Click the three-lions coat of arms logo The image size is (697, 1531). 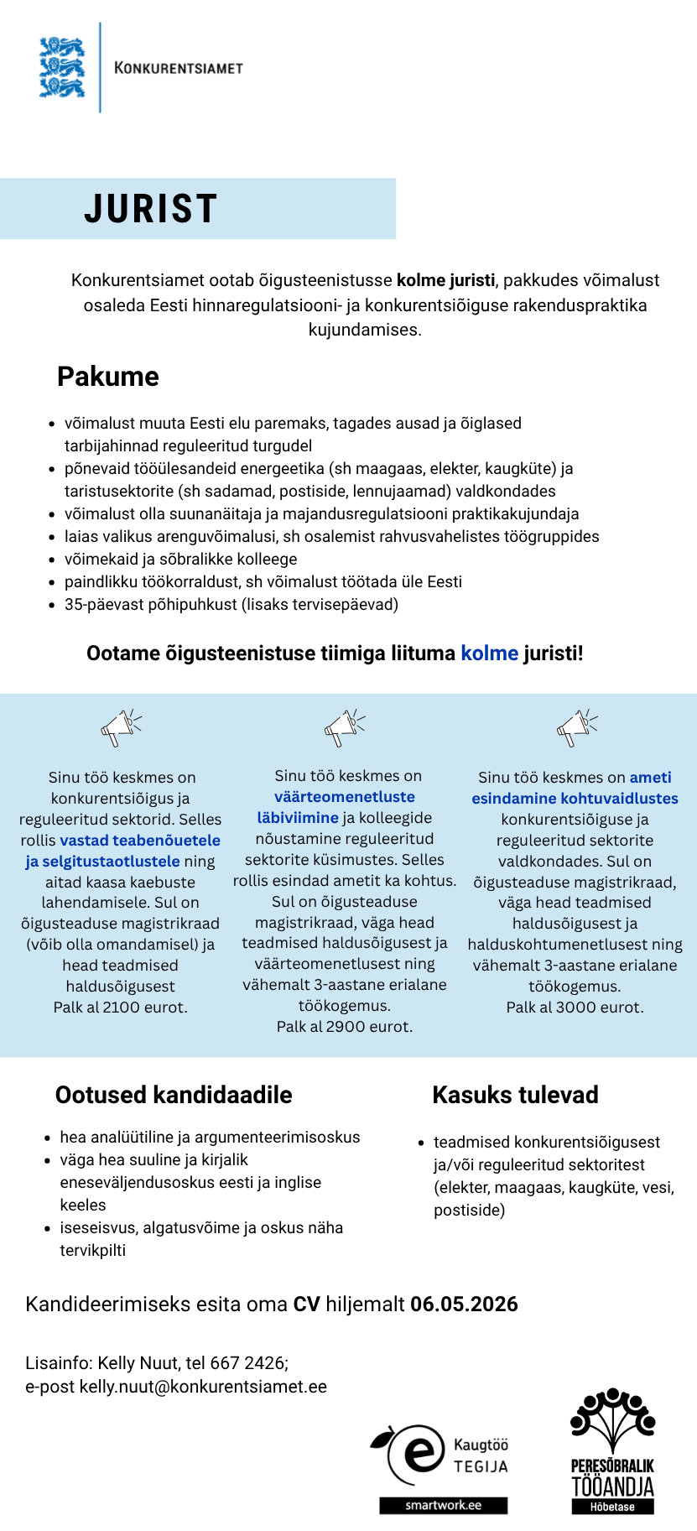pos(62,67)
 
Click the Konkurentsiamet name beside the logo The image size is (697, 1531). pos(179,68)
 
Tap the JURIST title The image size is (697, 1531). pos(151,209)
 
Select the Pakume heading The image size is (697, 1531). pos(108,377)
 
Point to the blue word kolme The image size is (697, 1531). pos(490,654)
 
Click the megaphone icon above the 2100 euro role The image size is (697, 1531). pos(121,726)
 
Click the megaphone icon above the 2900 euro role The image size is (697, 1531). pos(344,726)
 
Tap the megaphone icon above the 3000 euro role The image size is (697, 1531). pos(577,726)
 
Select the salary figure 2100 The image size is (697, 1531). pos(121,1008)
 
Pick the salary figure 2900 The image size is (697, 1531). pos(345,1027)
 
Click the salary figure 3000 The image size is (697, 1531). pos(574,1008)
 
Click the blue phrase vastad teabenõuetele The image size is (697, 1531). pos(140,841)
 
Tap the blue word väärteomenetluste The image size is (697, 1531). pos(345,797)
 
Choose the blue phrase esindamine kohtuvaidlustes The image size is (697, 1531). pos(575,799)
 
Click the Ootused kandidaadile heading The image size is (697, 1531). pos(174,1095)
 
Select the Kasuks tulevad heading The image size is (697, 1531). pos(515,1095)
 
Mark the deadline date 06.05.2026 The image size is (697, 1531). pos(464,1304)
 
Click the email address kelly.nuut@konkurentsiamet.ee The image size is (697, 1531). pos(203,1387)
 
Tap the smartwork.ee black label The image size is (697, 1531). pos(443,1505)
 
